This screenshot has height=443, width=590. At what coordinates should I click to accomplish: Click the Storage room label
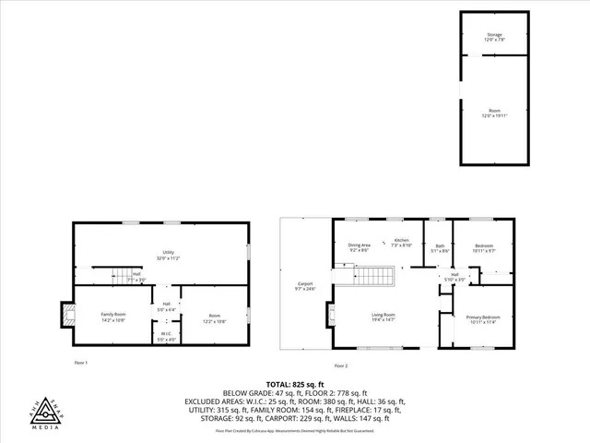click(x=495, y=37)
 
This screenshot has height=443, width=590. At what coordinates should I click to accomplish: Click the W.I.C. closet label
click(x=166, y=336)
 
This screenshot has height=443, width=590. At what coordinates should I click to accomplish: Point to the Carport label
click(x=305, y=286)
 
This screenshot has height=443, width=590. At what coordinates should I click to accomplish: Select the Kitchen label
click(x=399, y=243)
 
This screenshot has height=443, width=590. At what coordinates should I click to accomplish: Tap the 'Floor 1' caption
click(x=80, y=364)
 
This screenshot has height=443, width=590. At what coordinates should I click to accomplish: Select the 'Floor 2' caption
click(x=342, y=366)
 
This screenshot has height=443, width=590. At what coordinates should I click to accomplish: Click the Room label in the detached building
click(x=495, y=113)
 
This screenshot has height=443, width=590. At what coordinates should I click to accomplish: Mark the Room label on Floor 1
click(x=213, y=317)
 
